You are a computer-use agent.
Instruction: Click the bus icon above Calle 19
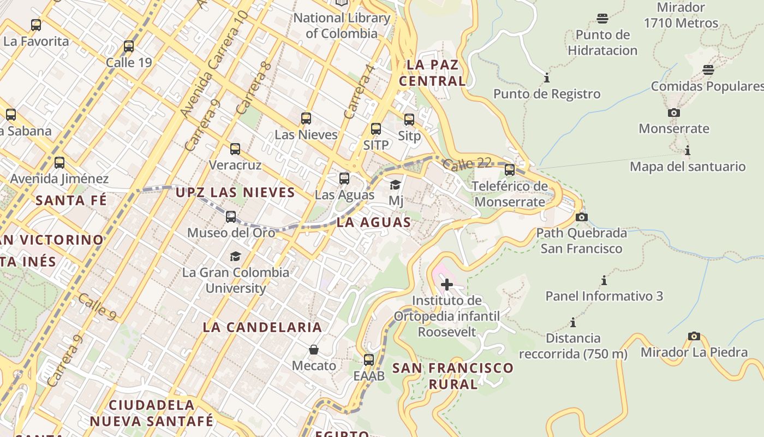coord(129,46)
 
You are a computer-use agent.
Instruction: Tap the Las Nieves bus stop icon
coord(306,119)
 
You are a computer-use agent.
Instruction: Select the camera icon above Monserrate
coord(674,113)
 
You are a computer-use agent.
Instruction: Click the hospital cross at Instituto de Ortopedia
coord(447,285)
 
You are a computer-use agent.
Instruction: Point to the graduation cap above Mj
coord(396,185)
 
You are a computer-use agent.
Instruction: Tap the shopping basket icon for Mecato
coord(314,350)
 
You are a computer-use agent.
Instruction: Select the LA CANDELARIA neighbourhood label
coord(262,327)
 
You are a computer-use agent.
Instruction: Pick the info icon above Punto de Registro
coord(547,78)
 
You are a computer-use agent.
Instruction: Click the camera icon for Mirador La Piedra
coord(694,336)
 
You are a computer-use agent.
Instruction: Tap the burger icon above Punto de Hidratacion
coord(602,19)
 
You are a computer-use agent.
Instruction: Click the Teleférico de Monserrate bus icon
coord(510,170)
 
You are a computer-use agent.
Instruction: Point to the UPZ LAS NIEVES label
coord(235,192)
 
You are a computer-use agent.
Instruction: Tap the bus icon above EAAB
coord(369,360)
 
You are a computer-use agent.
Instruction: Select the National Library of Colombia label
coord(342,25)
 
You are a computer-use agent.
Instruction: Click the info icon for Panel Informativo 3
coord(604,281)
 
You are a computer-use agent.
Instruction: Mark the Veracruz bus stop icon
coord(235,149)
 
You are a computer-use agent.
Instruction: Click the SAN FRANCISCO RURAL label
coord(453,376)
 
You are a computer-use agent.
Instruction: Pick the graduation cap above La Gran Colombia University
coord(235,256)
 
